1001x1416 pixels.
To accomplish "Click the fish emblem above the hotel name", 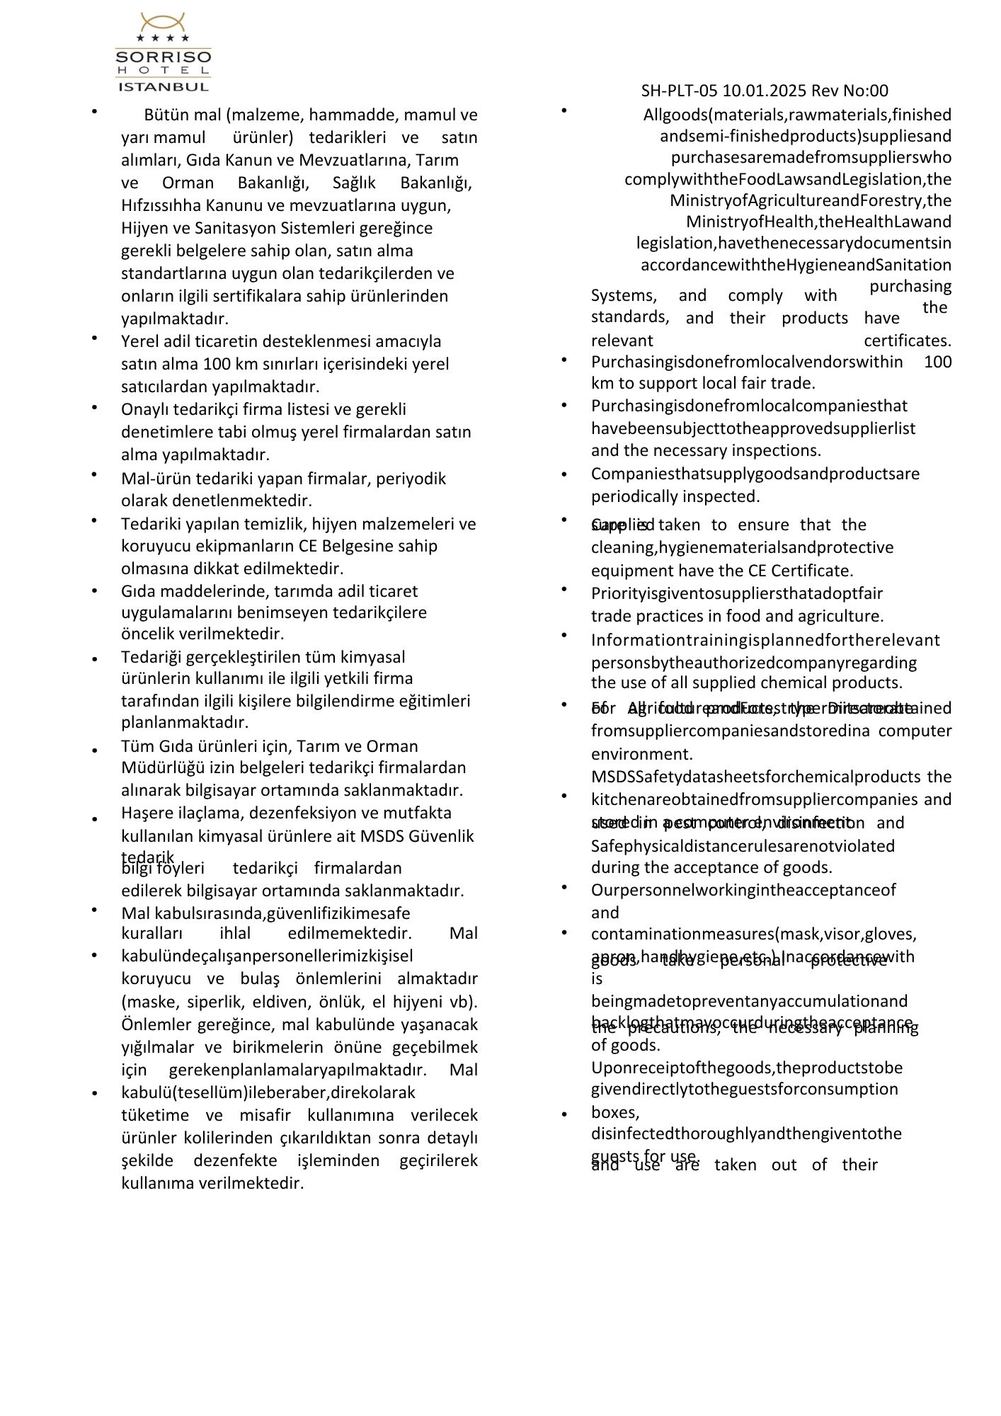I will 163,21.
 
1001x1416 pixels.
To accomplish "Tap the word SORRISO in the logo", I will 163,57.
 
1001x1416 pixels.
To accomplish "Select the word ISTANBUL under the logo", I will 163,87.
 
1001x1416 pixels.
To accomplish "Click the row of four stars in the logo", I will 163,38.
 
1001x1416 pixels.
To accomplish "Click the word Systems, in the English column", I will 623,295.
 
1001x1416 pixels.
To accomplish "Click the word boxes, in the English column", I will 615,1112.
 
